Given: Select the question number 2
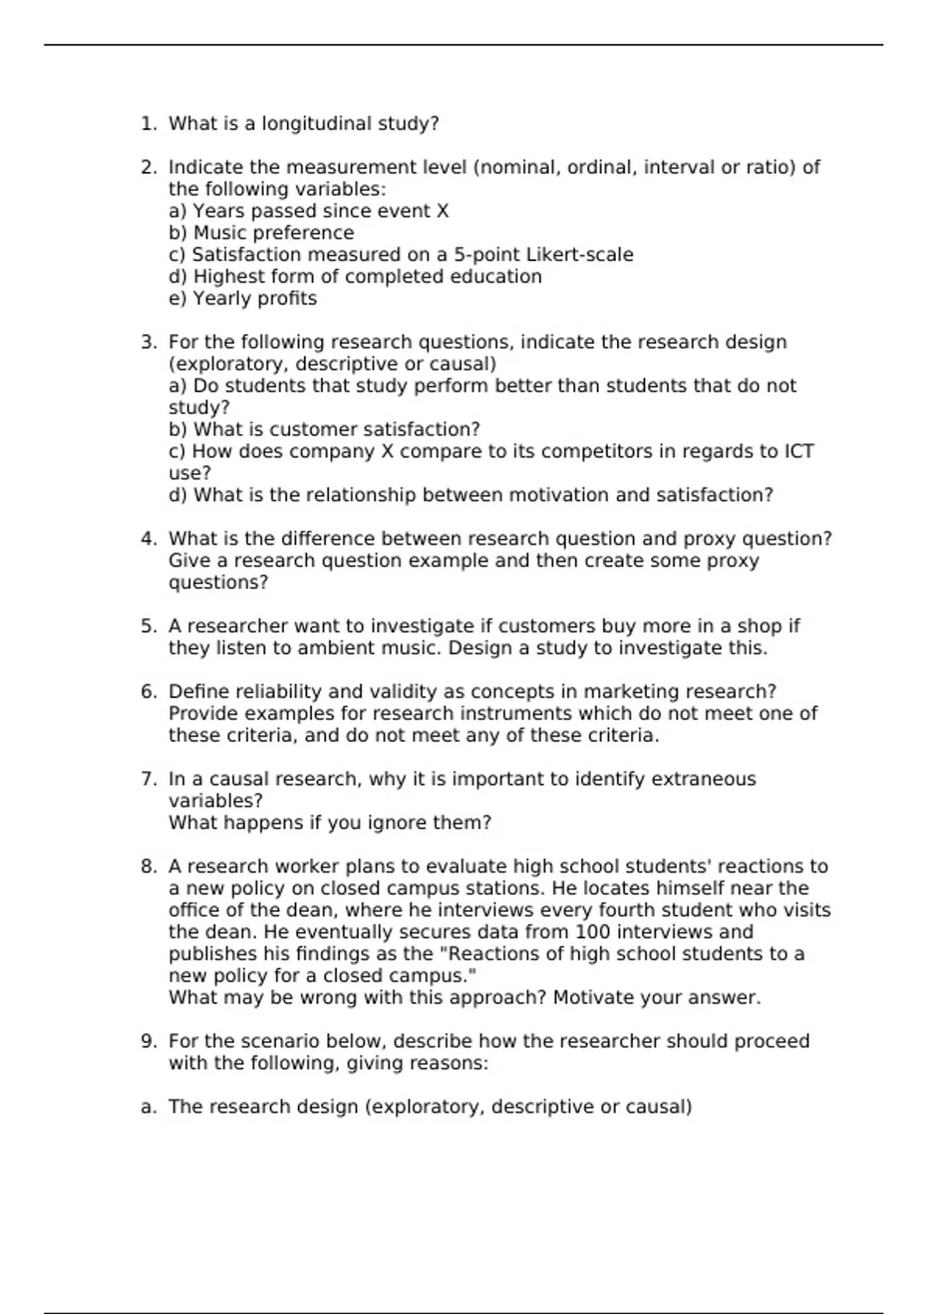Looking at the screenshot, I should pyautogui.click(x=148, y=168).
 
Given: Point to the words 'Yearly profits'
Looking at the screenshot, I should pyautogui.click(x=254, y=299).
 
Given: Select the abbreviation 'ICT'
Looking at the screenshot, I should pyautogui.click(x=799, y=451).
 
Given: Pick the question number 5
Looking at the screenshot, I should pyautogui.click(x=148, y=626).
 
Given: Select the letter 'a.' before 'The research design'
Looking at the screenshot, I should pyautogui.click(x=148, y=1107).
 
